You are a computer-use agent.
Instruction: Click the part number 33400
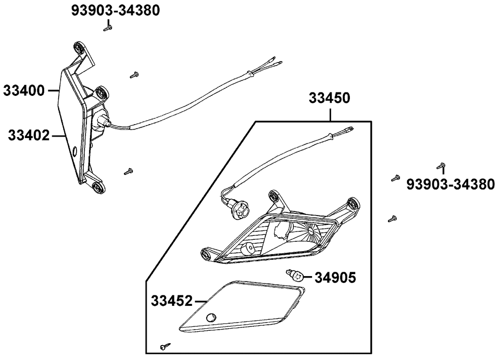[x=24, y=91]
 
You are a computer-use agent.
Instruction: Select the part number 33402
[x=29, y=136]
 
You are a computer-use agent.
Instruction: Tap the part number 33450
[x=330, y=98]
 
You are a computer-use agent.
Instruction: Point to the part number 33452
[x=172, y=301]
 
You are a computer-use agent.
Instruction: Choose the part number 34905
[x=335, y=278]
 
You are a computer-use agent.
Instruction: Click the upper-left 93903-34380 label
[x=115, y=10]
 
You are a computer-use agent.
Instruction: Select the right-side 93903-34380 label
[x=450, y=184]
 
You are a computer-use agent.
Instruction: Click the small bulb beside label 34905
[x=295, y=275]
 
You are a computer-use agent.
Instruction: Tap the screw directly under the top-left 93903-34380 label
[x=108, y=29]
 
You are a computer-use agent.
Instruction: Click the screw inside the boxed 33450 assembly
[x=166, y=346]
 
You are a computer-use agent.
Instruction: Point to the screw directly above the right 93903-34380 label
[x=440, y=165]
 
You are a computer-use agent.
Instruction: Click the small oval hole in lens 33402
[x=75, y=151]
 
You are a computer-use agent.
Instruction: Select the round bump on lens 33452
[x=210, y=317]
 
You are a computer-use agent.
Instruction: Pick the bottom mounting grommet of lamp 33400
[x=97, y=187]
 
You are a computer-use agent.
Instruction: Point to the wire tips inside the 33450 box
[x=348, y=130]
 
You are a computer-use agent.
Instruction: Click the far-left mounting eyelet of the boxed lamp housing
[x=207, y=254]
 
